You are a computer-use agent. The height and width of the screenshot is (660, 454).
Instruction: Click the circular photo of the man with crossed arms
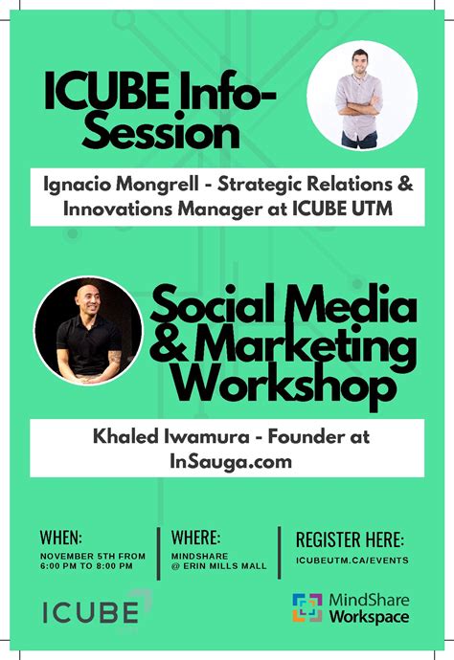[361, 96]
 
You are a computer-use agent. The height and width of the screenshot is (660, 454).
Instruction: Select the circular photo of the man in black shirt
[88, 331]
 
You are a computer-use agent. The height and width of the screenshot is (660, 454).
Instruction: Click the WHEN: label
[60, 537]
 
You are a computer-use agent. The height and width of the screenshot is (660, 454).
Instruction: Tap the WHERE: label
[195, 537]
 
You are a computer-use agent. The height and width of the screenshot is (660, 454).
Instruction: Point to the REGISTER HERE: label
[350, 539]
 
